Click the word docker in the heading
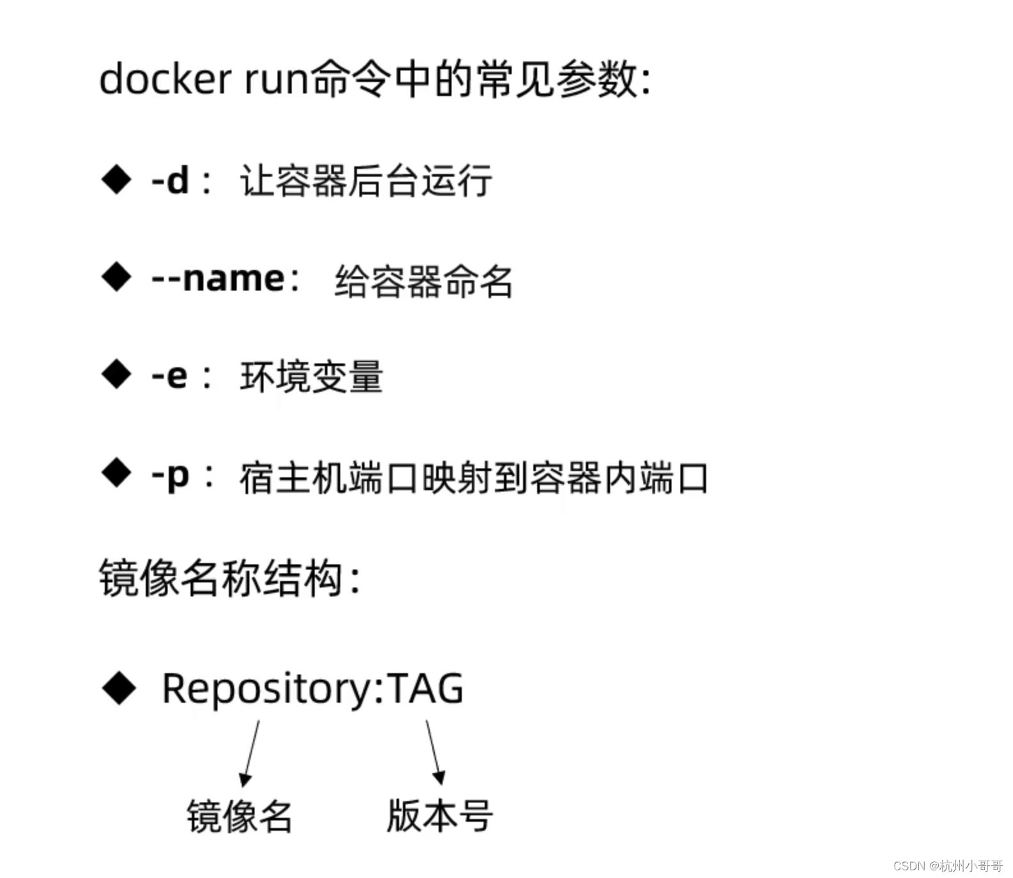[x=165, y=79]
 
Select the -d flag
[x=170, y=180]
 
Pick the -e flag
[x=169, y=376]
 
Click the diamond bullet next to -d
[x=116, y=179]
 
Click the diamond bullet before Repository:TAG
[x=119, y=688]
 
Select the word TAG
[x=426, y=688]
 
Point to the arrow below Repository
[x=250, y=753]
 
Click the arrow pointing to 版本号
[x=434, y=751]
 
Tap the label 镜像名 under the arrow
[x=239, y=816]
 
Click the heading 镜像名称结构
[x=221, y=578]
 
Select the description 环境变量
[x=311, y=376]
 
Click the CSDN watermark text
[x=948, y=866]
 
